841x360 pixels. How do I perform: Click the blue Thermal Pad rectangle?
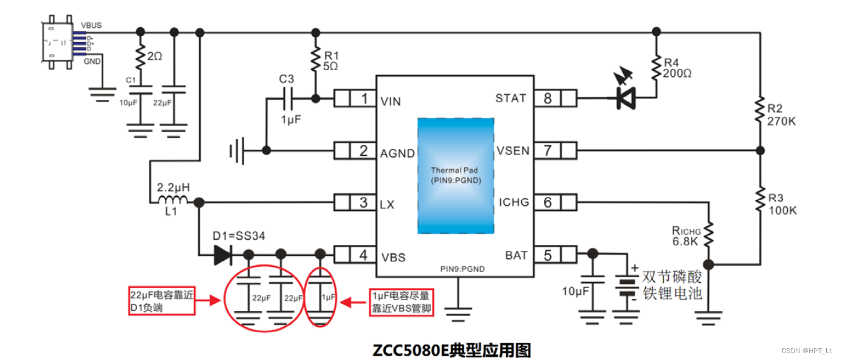click(x=456, y=175)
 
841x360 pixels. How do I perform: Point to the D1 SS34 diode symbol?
click(x=222, y=254)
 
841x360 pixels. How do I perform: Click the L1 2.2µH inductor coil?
click(x=173, y=201)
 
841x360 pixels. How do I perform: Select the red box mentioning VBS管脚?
click(x=401, y=302)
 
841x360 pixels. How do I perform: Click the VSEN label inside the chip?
click(x=513, y=151)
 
